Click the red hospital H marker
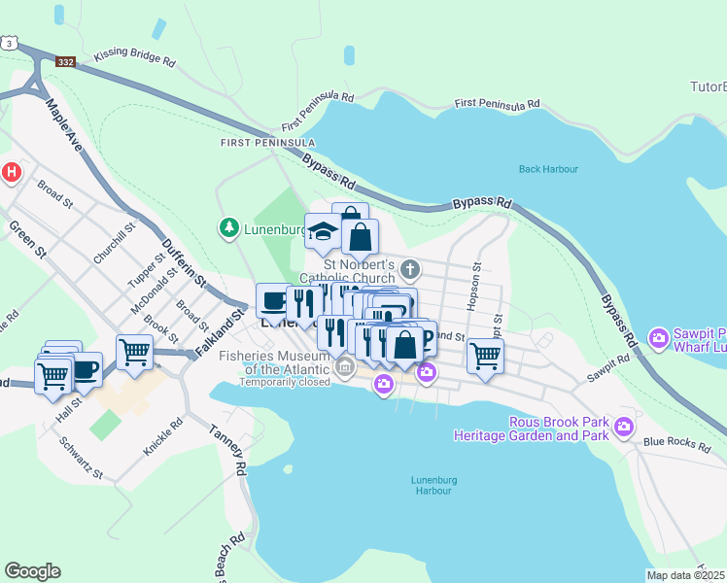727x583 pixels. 12,173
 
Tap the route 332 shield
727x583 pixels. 66,62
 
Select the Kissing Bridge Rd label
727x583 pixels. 134,60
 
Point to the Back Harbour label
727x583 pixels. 548,169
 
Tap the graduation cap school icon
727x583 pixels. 321,230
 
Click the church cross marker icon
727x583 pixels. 410,268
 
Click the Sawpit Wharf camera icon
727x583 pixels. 659,339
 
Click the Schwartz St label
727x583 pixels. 80,459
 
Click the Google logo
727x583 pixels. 32,571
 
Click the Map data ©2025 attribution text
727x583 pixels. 685,575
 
